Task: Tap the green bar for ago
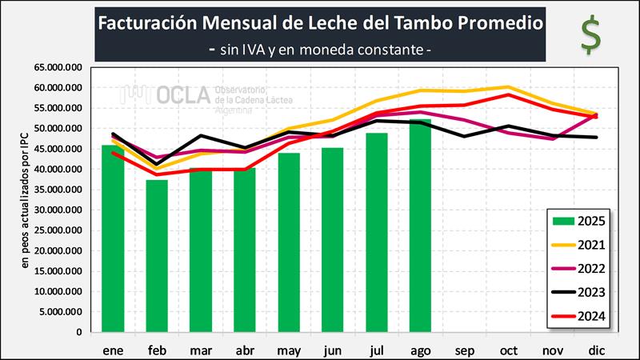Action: coord(420,226)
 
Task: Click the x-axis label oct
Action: coord(508,351)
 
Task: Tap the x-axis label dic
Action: coord(596,351)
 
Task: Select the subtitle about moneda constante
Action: coord(320,50)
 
